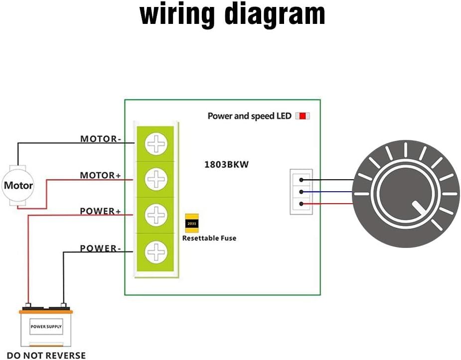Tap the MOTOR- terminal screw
pyautogui.click(x=156, y=144)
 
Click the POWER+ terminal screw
pyautogui.click(x=156, y=215)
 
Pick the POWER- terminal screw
pyautogui.click(x=156, y=252)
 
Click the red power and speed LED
pyautogui.click(x=302, y=116)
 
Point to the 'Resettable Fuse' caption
pyautogui.click(x=209, y=239)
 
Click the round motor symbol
pyautogui.click(x=18, y=185)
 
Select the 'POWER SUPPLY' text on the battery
pyautogui.click(x=46, y=327)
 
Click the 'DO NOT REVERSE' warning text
pyautogui.click(x=46, y=355)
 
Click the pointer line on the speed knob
pyautogui.click(x=420, y=207)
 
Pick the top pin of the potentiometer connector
pyautogui.click(x=301, y=180)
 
